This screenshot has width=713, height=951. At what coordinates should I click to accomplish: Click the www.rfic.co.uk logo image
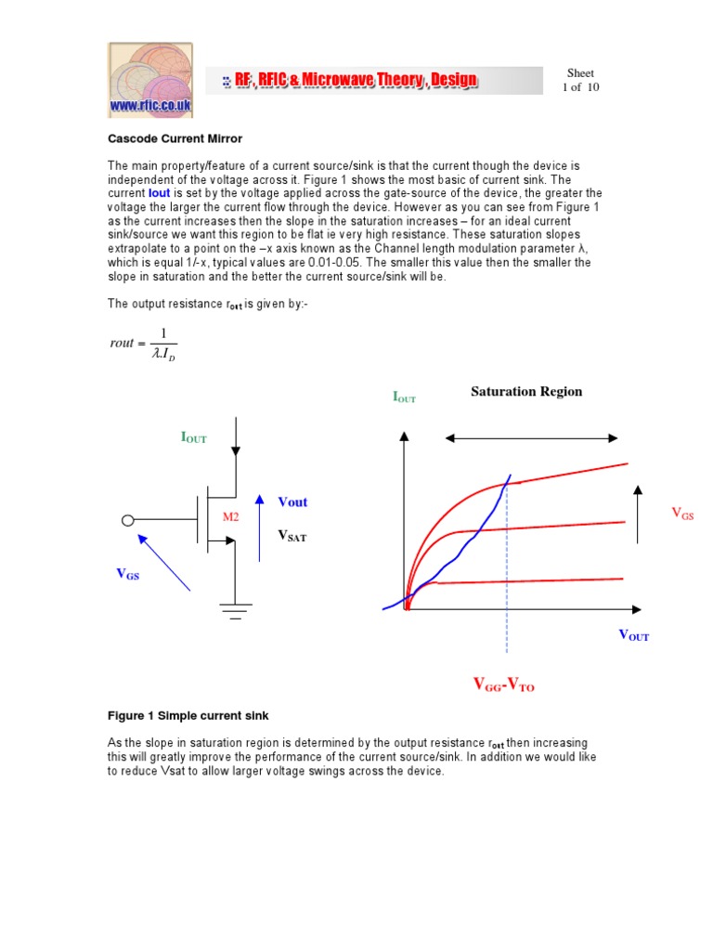pyautogui.click(x=149, y=80)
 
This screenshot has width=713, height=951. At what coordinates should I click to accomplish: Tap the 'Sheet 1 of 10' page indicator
pyautogui.click(x=580, y=80)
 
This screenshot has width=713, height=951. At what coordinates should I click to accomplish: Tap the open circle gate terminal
pyautogui.click(x=128, y=520)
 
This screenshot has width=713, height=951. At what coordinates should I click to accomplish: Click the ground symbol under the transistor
pyautogui.click(x=236, y=609)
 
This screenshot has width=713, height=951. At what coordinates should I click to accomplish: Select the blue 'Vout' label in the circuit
pyautogui.click(x=292, y=502)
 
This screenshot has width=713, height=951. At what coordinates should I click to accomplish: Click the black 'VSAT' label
pyautogui.click(x=292, y=536)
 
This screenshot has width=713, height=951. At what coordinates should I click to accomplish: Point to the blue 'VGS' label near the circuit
pyautogui.click(x=127, y=574)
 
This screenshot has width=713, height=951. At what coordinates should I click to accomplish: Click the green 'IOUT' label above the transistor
pyautogui.click(x=194, y=437)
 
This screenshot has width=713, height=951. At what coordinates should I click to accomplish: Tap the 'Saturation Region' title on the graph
pyautogui.click(x=526, y=391)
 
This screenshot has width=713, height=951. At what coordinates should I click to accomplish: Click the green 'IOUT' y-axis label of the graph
pyautogui.click(x=404, y=397)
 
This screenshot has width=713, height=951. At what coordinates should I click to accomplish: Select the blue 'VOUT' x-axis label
pyautogui.click(x=633, y=636)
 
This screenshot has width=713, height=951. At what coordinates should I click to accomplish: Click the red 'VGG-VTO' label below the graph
pyautogui.click(x=503, y=685)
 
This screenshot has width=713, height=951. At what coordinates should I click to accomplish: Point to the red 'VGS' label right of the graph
pyautogui.click(x=681, y=514)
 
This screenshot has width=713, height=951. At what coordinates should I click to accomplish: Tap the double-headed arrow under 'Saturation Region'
pyautogui.click(x=531, y=437)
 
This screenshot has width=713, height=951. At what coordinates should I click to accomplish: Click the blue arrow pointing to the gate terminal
pyautogui.click(x=164, y=562)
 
